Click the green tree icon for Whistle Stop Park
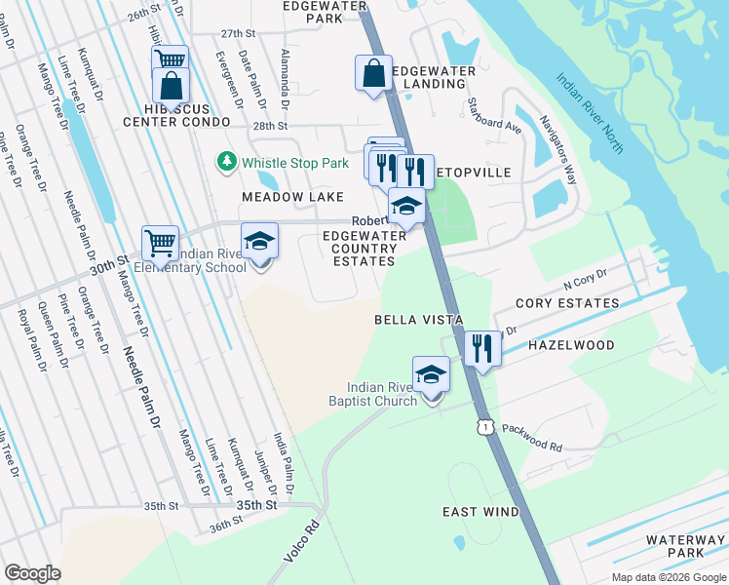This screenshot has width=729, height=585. pos(227,161)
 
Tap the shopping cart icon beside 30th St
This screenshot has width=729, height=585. pos(160,242)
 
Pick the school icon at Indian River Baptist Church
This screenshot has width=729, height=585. pos(431,374)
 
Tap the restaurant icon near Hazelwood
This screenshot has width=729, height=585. pos(482,349)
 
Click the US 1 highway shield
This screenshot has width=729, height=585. pos(483,427)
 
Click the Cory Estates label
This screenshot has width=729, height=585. pos(567,303)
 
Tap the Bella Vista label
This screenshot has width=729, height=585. pos(417,320)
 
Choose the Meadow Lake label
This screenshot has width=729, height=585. pos(280,197)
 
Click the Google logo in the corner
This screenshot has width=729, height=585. pos(33,573)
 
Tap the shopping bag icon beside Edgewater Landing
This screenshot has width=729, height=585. pos(373,73)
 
